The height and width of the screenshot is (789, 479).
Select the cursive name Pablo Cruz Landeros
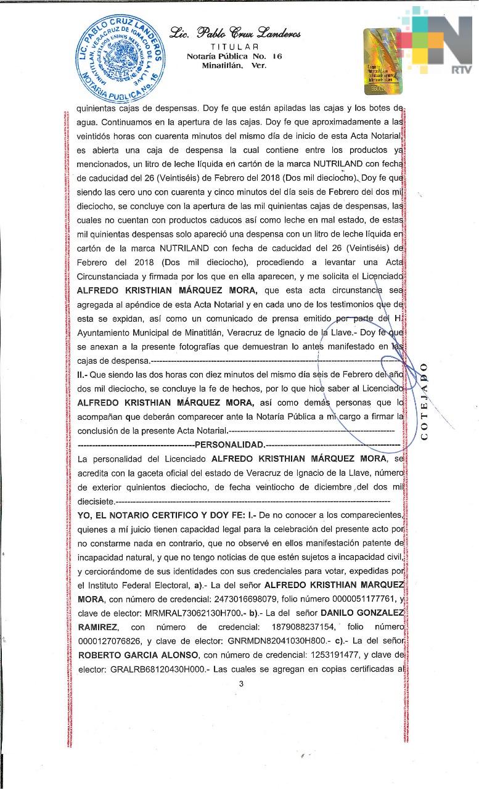click(x=234, y=33)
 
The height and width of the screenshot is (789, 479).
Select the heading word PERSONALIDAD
click(x=229, y=444)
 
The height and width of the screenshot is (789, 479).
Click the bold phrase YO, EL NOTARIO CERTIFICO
click(x=136, y=514)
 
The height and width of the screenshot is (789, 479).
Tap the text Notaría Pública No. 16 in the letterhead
click(x=234, y=56)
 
